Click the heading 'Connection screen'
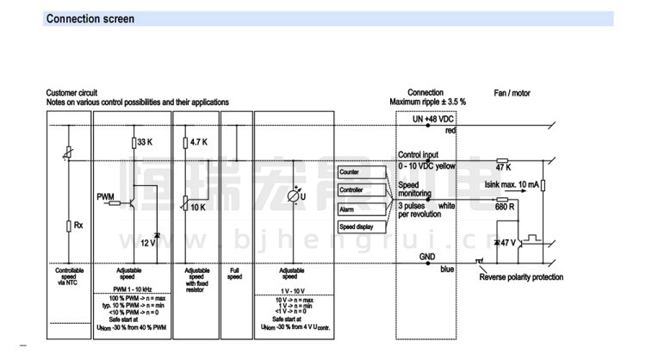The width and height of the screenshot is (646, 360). (90, 18)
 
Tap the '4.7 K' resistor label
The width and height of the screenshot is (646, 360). (197, 142)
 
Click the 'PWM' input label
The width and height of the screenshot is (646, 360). (106, 196)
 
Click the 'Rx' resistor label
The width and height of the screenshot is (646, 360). (78, 226)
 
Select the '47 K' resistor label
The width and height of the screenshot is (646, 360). (504, 166)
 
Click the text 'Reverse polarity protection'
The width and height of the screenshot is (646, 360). (521, 277)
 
